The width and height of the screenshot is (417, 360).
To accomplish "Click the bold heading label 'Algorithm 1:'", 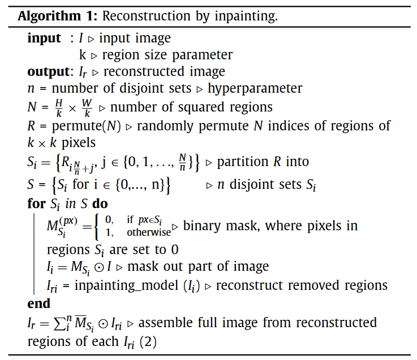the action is coord(58,16).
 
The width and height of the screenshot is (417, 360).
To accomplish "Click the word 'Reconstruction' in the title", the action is coord(147,16).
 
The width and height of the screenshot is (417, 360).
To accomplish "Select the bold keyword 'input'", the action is coord(44,38).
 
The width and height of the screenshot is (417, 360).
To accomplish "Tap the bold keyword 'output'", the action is coord(49,71).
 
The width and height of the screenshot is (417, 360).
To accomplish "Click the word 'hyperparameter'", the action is coord(255,89).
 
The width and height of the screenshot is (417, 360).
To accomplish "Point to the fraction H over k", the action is coord(59,108).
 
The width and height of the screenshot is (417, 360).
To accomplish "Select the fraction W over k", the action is coord(87,108).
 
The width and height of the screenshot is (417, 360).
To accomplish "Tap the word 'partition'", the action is coord(243,162).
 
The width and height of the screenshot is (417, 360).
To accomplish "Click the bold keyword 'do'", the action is coord(100,204).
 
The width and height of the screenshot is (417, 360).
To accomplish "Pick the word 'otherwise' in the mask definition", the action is coord(149,232).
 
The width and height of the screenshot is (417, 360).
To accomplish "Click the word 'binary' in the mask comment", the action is coord(202,227).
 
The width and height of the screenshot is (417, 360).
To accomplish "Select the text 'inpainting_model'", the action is coord(126,286).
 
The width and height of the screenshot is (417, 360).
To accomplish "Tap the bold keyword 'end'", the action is coord(39,303).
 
